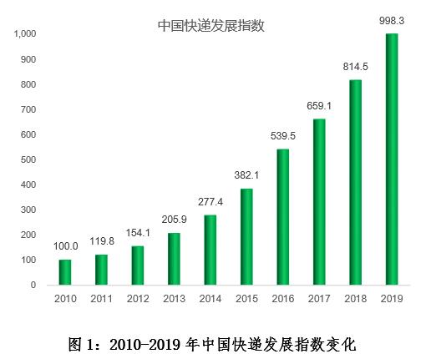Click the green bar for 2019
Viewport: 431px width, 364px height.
point(392,159)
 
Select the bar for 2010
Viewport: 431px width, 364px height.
point(65,272)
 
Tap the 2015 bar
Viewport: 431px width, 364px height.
point(246,237)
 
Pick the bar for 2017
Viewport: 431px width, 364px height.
point(319,202)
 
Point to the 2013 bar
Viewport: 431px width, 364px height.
point(174,259)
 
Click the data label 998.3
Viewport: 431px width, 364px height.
point(392,21)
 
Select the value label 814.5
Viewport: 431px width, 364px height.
point(355,67)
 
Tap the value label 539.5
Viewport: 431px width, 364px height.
point(283,136)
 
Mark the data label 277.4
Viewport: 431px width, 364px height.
point(210,202)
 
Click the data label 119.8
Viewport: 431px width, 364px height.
point(102,241)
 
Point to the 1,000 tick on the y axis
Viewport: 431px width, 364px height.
point(25,33)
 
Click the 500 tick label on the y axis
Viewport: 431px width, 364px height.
point(28,159)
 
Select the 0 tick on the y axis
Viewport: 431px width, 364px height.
point(33,285)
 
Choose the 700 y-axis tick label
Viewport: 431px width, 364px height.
point(28,109)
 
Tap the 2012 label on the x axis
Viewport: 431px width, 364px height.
point(138,299)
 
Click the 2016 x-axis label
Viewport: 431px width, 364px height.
point(283,299)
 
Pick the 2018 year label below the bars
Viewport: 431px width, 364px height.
point(355,299)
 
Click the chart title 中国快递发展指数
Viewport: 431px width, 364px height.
point(211,26)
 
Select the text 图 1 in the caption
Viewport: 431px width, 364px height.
point(82,345)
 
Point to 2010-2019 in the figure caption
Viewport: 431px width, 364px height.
point(145,345)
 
